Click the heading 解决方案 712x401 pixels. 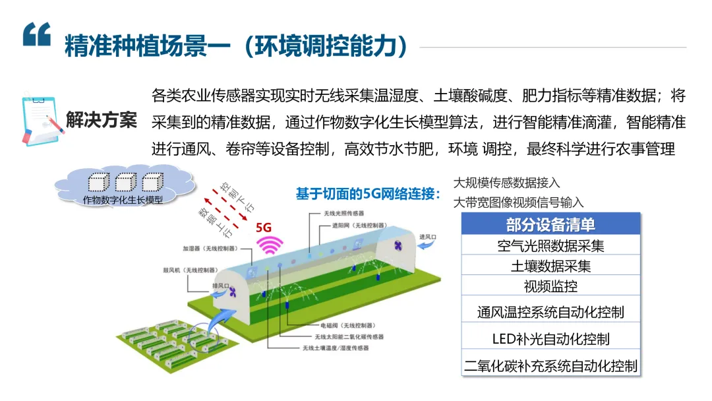(x=102, y=121)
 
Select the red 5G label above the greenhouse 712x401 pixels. (x=264, y=227)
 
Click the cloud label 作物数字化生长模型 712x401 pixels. (x=123, y=199)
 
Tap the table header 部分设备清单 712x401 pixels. (x=550, y=224)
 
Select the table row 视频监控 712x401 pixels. (x=550, y=286)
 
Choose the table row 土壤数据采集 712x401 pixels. (x=550, y=266)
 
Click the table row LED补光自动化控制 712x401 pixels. (x=550, y=338)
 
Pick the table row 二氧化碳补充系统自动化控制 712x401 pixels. (x=550, y=365)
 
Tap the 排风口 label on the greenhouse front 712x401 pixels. (x=220, y=286)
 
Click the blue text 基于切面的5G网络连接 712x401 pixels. (x=368, y=194)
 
